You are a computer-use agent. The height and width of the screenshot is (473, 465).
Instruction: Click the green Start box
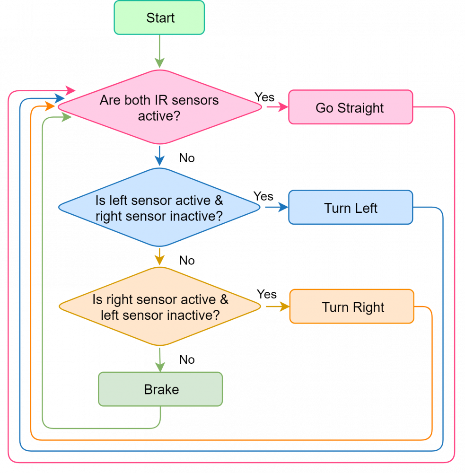tap(159, 18)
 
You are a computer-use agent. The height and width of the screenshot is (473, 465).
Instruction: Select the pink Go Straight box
tap(351, 107)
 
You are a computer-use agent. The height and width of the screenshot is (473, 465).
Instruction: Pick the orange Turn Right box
tap(351, 307)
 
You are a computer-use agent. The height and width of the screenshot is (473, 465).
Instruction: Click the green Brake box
tap(160, 389)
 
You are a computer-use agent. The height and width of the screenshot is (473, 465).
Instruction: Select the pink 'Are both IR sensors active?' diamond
tap(159, 107)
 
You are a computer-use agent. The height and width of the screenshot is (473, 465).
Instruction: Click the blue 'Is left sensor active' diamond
tap(159, 208)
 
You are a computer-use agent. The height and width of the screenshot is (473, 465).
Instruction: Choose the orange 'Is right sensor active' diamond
tap(159, 307)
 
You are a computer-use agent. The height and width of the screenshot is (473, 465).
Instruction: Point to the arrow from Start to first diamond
tap(159, 52)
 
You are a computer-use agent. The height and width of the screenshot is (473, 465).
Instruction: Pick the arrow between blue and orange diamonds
tap(159, 256)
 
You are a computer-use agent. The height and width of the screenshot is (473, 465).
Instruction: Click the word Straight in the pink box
tap(360, 108)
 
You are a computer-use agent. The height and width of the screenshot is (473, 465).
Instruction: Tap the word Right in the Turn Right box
tap(367, 307)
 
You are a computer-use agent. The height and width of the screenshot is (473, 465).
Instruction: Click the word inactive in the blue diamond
tap(192, 216)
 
